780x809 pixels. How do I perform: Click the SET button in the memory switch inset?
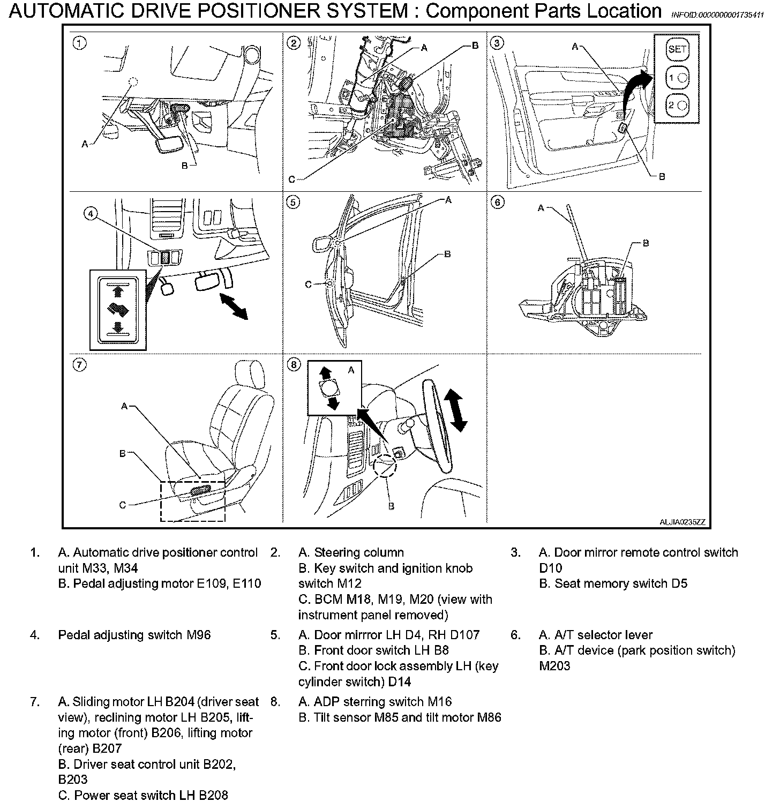pos(677,49)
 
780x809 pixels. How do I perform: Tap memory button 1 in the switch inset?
pos(677,77)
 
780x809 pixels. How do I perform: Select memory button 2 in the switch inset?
pos(677,105)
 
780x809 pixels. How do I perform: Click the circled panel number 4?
pos(91,214)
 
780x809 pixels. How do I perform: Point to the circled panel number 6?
pos(498,202)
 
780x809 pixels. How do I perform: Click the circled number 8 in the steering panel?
pos(294,365)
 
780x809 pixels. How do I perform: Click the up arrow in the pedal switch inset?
pos(118,291)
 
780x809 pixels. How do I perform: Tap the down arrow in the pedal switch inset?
pos(118,327)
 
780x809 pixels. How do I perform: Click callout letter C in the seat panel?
pos(123,505)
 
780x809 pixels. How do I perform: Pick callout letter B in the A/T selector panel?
pos(646,243)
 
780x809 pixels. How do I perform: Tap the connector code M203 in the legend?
pos(554,666)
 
